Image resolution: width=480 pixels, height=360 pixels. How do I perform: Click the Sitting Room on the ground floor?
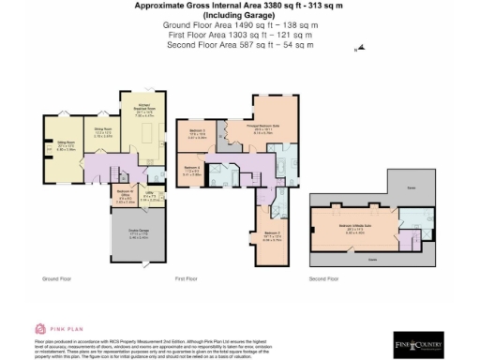66,146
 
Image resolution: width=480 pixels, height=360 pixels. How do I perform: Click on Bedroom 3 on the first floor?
198,134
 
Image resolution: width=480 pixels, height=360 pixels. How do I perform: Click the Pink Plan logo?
53,329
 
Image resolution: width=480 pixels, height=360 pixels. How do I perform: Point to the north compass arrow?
360,49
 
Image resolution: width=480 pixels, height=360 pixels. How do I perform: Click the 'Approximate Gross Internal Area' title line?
238,6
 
